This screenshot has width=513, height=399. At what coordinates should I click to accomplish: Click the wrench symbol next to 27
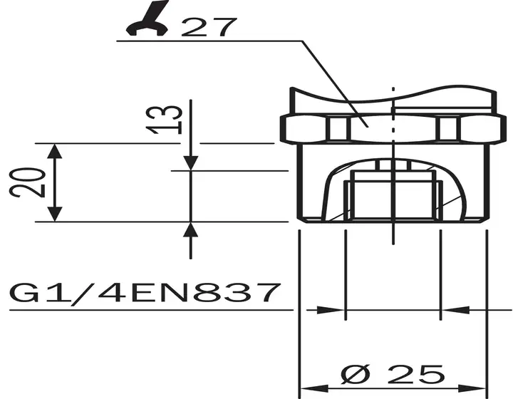click(x=147, y=20)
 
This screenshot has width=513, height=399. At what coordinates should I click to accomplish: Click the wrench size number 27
click(x=208, y=27)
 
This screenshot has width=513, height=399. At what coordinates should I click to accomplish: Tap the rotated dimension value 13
click(x=165, y=120)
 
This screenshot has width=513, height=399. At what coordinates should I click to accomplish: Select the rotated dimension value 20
click(x=28, y=182)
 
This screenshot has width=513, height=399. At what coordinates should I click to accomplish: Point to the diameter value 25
click(x=416, y=374)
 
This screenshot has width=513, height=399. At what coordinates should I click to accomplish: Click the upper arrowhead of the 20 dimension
click(x=55, y=151)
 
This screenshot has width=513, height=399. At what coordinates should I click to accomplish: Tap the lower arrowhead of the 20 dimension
click(x=55, y=214)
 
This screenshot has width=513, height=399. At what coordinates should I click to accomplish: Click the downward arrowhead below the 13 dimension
click(x=191, y=163)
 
